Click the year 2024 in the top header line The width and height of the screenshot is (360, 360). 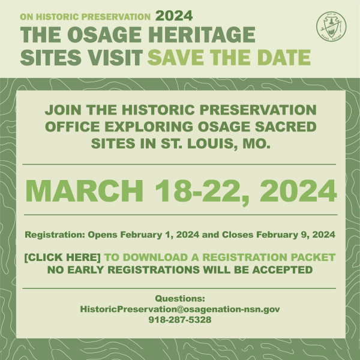click(173, 15)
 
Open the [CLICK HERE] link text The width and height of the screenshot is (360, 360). click(62, 257)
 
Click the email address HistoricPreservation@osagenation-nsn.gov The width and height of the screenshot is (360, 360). click(180, 309)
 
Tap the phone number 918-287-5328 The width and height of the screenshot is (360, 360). click(180, 319)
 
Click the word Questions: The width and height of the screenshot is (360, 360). click(180, 298)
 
